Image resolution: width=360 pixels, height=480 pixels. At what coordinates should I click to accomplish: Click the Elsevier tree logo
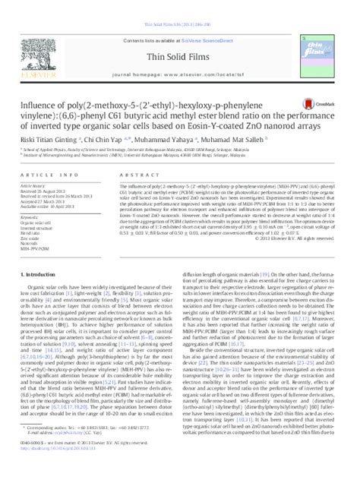46,46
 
